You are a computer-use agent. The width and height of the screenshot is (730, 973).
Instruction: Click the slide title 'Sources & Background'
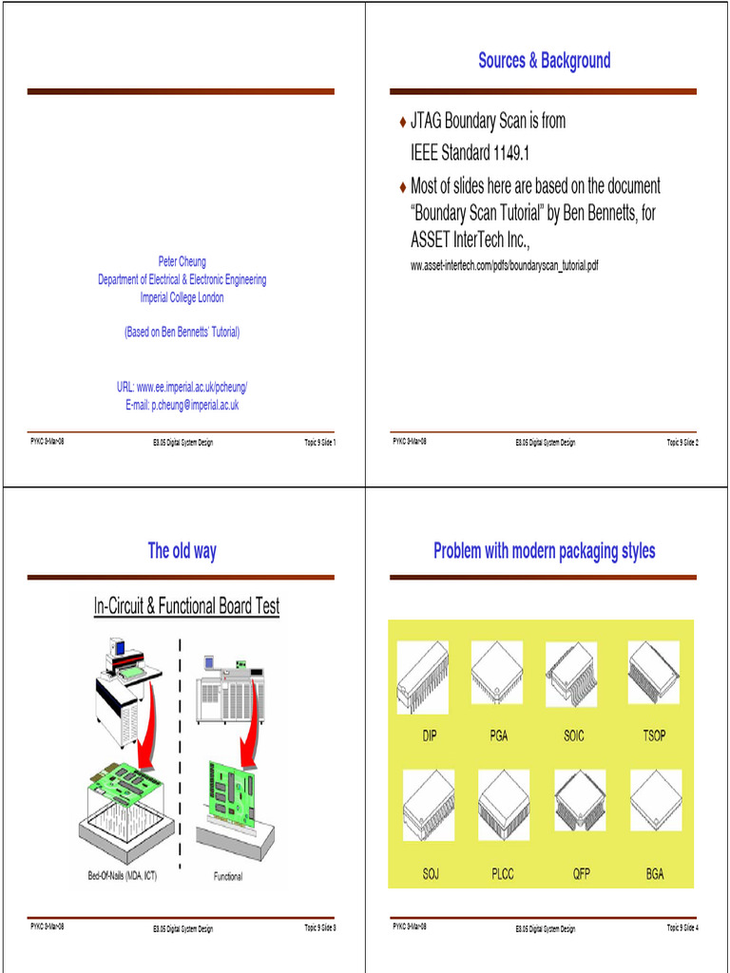coord(544,62)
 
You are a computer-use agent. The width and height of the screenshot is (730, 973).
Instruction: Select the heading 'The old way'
coord(182,551)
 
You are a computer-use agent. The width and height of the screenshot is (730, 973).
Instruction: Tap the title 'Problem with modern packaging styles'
coord(544,551)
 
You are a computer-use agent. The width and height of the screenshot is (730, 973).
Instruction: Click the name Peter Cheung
coord(182,261)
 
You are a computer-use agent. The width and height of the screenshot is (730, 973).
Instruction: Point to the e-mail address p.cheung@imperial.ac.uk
coord(182,405)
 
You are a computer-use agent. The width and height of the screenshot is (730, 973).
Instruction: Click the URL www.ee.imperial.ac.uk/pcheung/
coord(182,388)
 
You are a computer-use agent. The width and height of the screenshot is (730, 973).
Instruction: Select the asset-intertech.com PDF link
coord(504,266)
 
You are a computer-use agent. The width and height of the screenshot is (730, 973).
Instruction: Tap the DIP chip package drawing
coord(422,676)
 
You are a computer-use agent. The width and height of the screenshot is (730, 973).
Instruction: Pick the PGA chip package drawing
coord(496,671)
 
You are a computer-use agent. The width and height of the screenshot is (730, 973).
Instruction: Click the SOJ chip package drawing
coord(428,805)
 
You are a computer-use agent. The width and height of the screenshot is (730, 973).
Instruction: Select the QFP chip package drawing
coord(580,800)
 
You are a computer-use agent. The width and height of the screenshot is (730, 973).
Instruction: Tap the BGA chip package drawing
coord(656,800)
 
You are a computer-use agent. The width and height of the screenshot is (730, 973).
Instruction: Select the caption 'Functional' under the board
coord(227,876)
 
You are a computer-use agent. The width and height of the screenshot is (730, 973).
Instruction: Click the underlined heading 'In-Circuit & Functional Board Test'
coord(186,606)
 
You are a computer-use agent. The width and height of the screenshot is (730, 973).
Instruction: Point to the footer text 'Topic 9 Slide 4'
coord(682,928)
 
